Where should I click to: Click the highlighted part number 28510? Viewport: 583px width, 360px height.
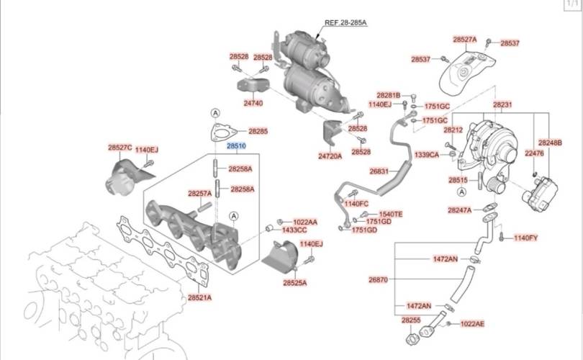point(237,145)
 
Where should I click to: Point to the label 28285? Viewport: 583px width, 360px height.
point(258,132)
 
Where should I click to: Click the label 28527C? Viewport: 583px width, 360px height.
point(120,148)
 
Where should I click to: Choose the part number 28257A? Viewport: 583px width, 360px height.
point(199,194)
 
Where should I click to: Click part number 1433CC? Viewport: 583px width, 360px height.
point(294,230)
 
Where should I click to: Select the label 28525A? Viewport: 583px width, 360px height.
point(294,283)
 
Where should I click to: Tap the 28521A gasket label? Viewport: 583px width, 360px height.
point(199,297)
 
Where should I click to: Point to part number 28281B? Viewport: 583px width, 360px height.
point(389,96)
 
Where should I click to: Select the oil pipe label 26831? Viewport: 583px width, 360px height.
point(379,172)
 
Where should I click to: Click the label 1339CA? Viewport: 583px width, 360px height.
point(427,154)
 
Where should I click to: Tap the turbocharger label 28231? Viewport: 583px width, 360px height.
point(502,105)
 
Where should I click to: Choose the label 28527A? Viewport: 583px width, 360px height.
point(465,40)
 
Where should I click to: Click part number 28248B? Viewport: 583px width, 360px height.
point(550,143)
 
